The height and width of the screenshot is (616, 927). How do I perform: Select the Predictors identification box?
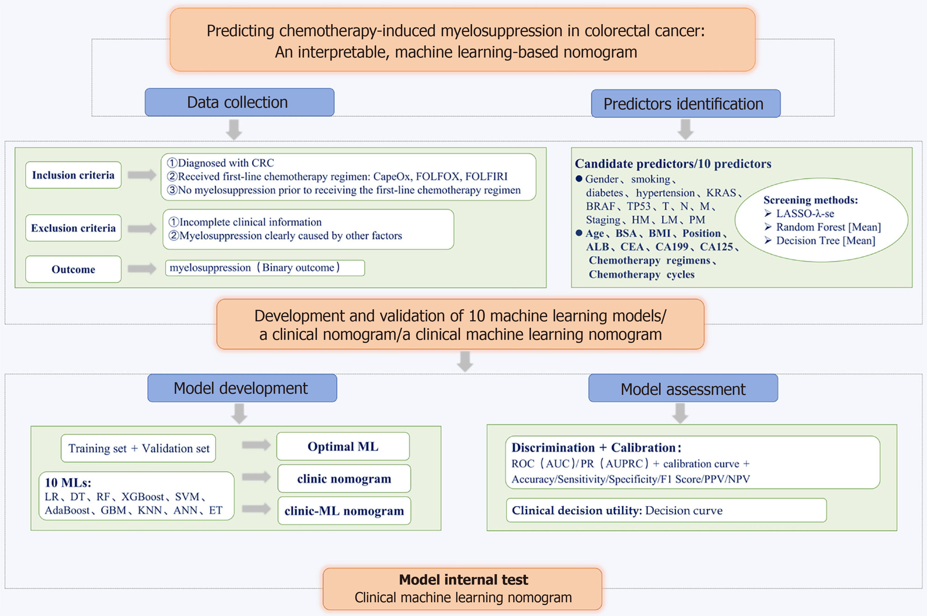[685, 104]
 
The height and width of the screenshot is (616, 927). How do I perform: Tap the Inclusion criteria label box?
[73, 175]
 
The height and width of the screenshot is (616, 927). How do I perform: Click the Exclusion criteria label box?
[73, 228]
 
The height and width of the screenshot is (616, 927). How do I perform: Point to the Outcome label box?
[73, 269]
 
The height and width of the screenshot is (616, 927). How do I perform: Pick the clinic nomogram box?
[344, 478]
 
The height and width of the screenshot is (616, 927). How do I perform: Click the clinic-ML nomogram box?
[344, 511]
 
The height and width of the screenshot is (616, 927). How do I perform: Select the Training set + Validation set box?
[138, 448]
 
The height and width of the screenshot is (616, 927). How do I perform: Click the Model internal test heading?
[463, 580]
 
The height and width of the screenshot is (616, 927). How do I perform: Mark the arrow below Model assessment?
[680, 414]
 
